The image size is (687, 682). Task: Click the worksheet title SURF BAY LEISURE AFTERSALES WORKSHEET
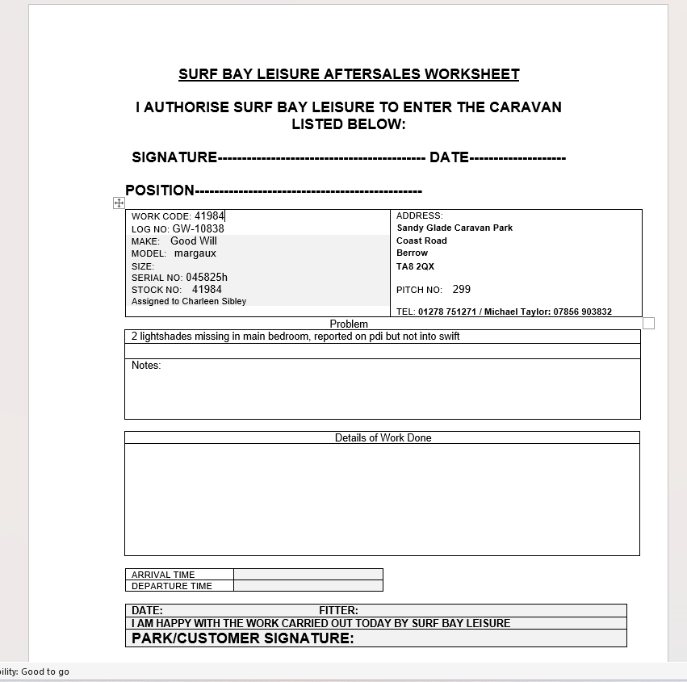tap(349, 74)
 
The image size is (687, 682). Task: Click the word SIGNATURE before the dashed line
tap(174, 157)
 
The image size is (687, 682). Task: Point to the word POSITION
tap(160, 190)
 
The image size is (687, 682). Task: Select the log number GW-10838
tap(199, 228)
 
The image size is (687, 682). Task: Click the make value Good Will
tap(194, 241)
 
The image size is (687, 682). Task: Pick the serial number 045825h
tap(207, 277)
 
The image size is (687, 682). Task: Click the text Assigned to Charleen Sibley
tap(189, 301)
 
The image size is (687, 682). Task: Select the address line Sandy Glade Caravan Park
tap(455, 228)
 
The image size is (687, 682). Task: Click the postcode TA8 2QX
tap(415, 266)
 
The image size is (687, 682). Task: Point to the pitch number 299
tap(462, 289)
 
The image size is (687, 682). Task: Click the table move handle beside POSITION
tap(119, 203)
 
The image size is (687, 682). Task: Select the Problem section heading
tap(349, 324)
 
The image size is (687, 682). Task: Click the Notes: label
tap(146, 366)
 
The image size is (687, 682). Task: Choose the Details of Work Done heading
tap(383, 437)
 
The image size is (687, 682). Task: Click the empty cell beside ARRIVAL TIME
tap(308, 575)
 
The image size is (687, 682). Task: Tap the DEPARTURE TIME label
tap(172, 586)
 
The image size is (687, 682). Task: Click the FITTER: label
tap(338, 610)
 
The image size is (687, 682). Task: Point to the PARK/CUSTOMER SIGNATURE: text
tap(242, 638)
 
